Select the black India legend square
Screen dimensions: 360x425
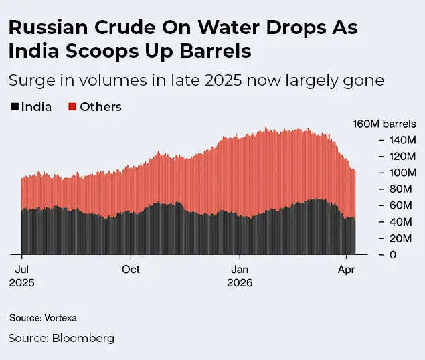point(13,106)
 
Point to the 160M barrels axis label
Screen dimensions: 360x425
point(384,124)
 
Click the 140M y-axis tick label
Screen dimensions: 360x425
point(403,140)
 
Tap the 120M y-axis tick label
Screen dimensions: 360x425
point(403,157)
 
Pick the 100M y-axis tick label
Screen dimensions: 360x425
point(403,173)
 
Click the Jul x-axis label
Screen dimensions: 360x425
point(21,269)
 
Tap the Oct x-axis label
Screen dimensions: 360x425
point(131,269)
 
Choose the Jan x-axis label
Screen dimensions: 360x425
point(240,269)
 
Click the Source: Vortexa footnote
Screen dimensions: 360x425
point(38,318)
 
